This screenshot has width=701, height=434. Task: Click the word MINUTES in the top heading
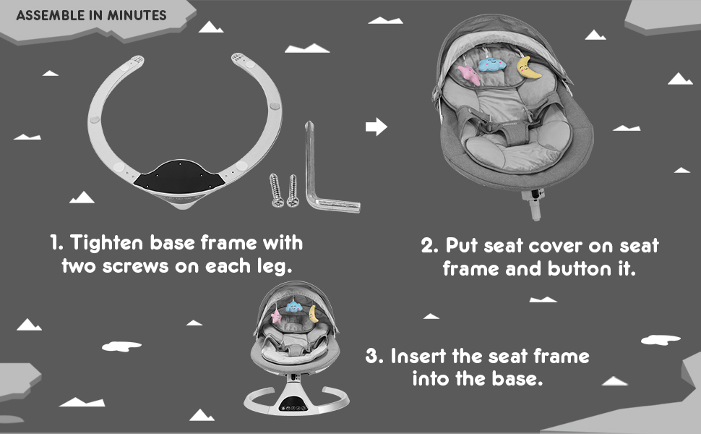137,15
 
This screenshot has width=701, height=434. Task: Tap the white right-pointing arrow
377,127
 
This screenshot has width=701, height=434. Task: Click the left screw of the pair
276,190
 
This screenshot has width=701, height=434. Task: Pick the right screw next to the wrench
293,191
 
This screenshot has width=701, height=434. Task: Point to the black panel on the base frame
179,177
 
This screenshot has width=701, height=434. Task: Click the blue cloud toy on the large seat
492,65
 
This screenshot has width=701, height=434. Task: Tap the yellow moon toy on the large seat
528,69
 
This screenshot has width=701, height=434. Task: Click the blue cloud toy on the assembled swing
293,307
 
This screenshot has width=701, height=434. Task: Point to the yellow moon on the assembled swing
314,314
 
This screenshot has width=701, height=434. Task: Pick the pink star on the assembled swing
277,316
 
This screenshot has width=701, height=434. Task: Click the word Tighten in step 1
107,243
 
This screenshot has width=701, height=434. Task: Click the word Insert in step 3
418,357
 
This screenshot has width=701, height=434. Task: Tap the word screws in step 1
135,267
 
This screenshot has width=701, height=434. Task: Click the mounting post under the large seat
534,205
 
